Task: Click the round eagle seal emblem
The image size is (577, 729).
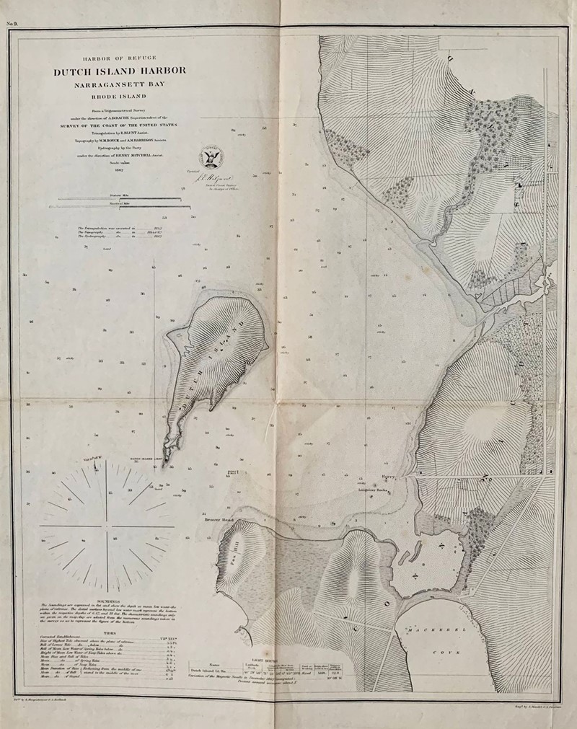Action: pos(210,154)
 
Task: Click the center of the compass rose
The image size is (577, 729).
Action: pos(106,529)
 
